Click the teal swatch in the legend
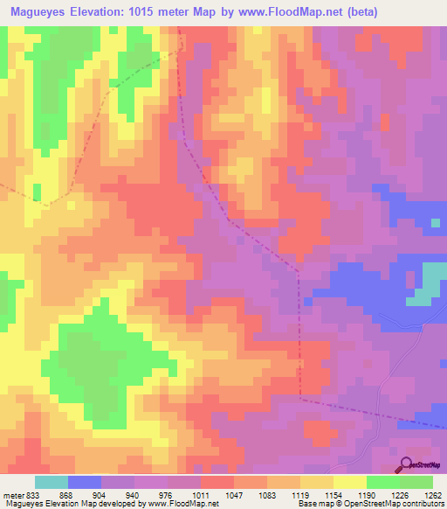click(x=52, y=483)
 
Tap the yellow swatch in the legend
click(x=350, y=483)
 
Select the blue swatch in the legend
click(x=85, y=483)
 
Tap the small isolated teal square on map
click(x=435, y=223)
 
